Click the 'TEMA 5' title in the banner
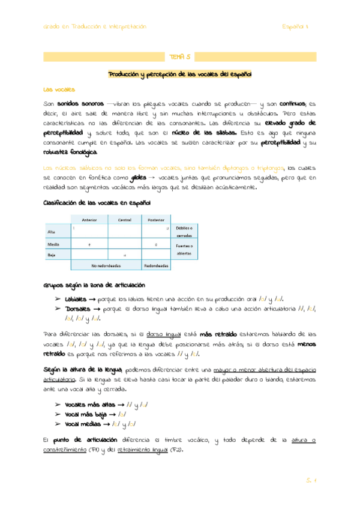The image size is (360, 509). pos(179,57)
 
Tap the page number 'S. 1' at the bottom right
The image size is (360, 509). pos(310,480)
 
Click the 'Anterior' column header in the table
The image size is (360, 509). pos(89,220)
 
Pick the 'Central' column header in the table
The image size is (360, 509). pos(124,220)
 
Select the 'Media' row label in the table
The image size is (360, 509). pos(53,245)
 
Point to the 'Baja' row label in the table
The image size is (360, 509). pos(51,255)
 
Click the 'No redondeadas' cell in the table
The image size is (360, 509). pos(106,265)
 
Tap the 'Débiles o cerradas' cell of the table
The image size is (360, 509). pos(184,232)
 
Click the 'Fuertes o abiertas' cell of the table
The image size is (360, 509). pos(184,250)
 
